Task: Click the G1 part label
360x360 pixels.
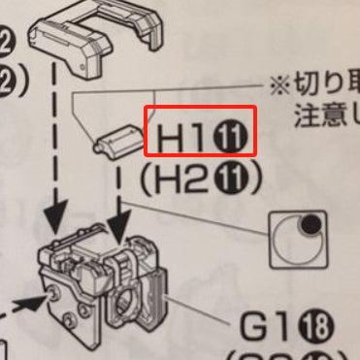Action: [259, 328]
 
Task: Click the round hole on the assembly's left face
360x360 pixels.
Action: [49, 290]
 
